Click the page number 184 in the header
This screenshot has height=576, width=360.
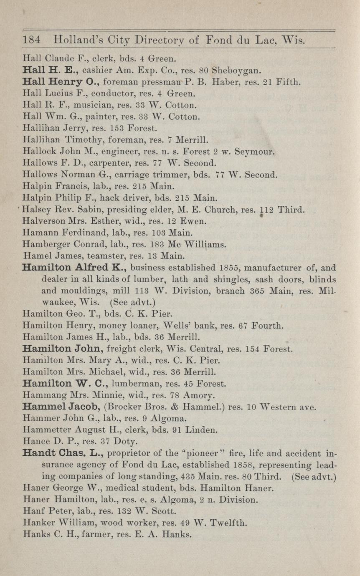click(x=31, y=41)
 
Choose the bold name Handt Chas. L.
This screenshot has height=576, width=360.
click(x=62, y=452)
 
